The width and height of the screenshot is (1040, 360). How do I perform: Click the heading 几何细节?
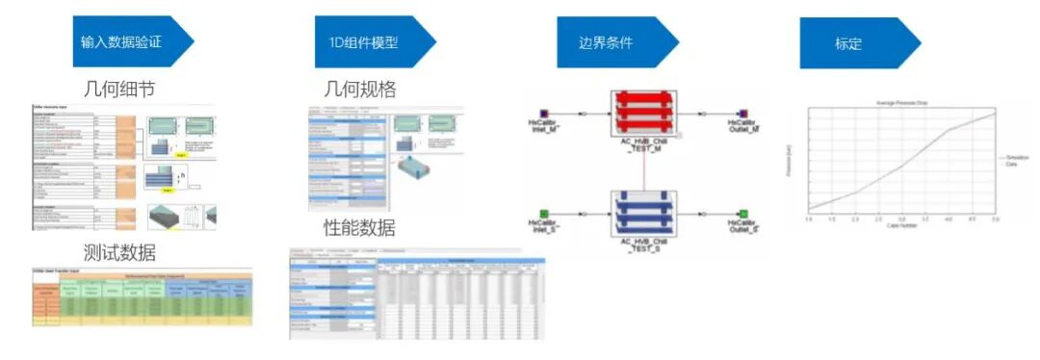coord(118,90)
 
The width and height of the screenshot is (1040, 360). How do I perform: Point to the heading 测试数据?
coord(118,252)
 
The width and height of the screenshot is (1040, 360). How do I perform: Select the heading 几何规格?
coord(360,90)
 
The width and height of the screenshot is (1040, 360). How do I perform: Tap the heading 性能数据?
coord(360,228)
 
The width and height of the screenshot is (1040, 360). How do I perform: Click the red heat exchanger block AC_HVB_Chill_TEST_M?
coord(644,115)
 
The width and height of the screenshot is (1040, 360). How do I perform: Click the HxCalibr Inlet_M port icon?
coord(544,113)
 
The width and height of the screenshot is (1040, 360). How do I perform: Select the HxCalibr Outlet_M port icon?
coord(743,113)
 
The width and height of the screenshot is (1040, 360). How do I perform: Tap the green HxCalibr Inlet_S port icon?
coord(544,213)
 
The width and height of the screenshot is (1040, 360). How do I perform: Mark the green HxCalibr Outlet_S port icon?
coord(743,213)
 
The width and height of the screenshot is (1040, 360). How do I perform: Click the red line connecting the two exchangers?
coord(644,166)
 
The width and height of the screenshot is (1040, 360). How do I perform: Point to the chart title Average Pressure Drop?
coord(899,102)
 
